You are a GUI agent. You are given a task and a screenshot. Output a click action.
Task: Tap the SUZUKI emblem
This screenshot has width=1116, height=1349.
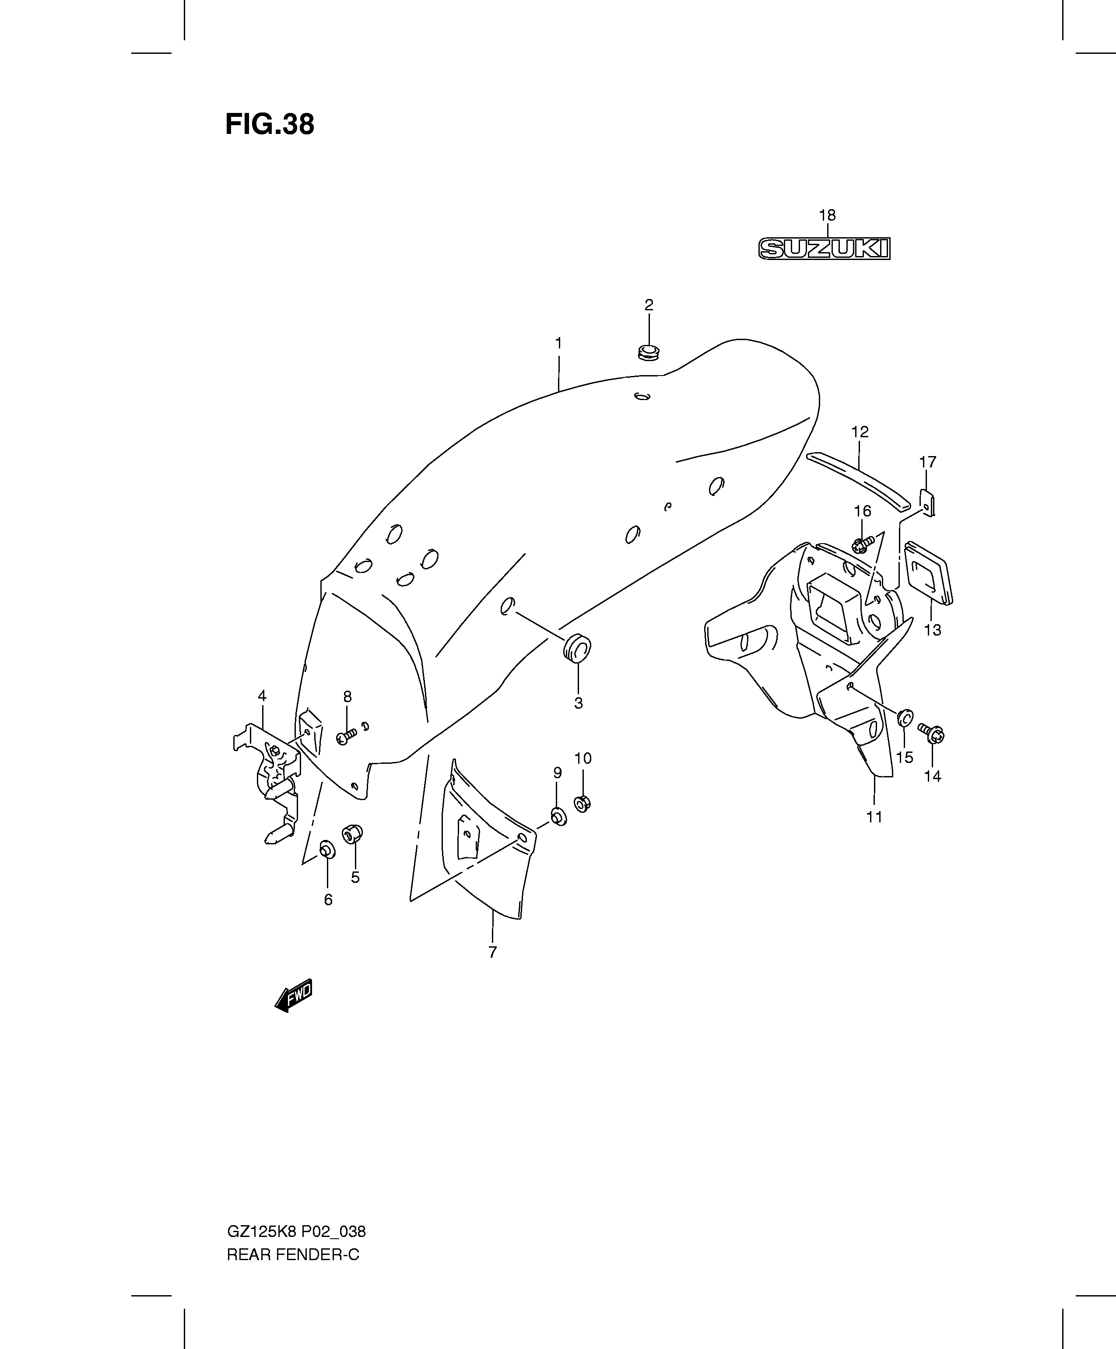pyautogui.click(x=825, y=249)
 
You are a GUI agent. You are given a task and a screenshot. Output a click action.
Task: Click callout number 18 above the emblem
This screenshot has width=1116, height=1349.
pyautogui.click(x=827, y=215)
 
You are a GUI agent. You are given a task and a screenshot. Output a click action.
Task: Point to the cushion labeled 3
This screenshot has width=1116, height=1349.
pyautogui.click(x=577, y=647)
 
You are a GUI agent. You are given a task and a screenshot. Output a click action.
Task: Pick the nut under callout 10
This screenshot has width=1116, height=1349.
pyautogui.click(x=582, y=803)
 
